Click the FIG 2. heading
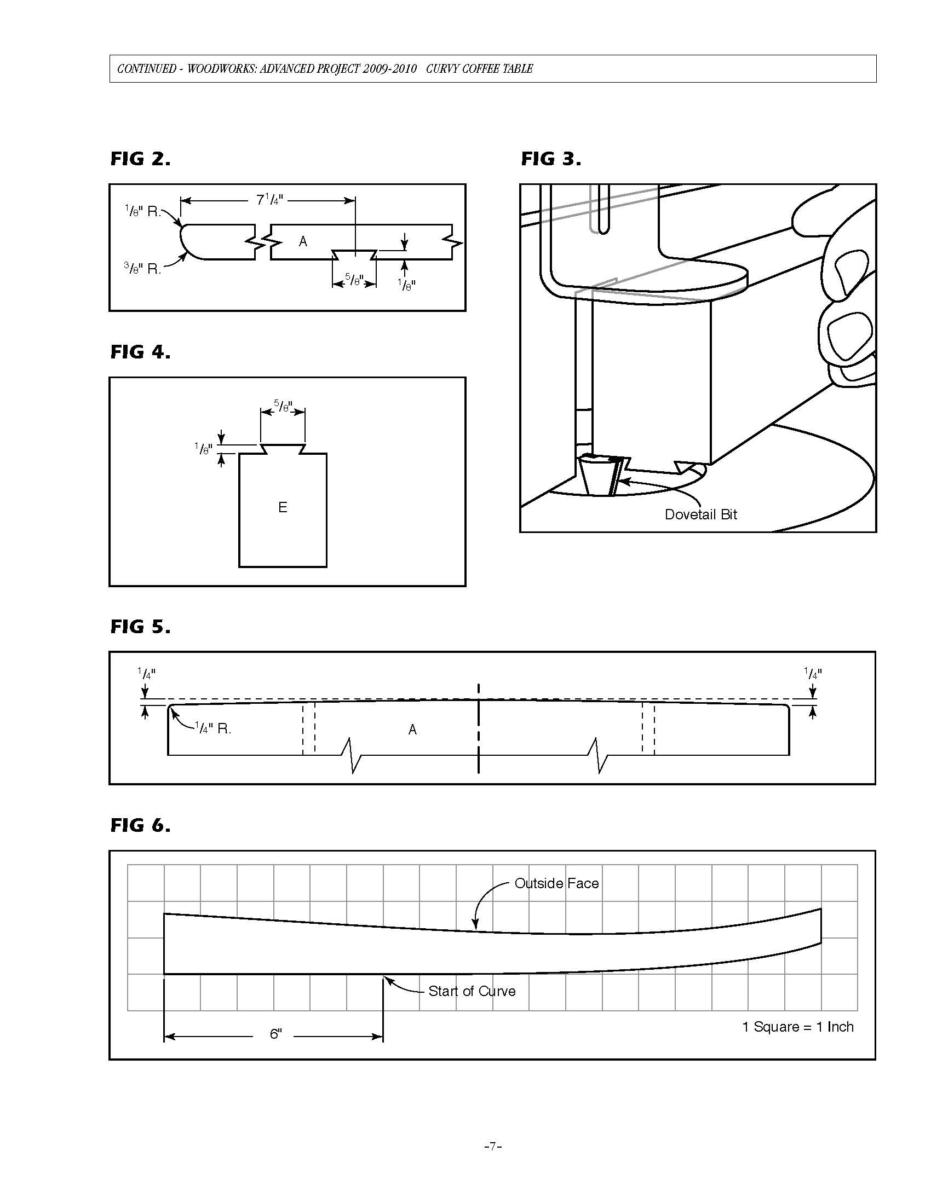pyautogui.click(x=140, y=159)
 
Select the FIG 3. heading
pyautogui.click(x=551, y=159)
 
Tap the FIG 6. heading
pyautogui.click(x=140, y=825)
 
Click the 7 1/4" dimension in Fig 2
pyautogui.click(x=269, y=200)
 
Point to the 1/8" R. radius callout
pyautogui.click(x=142, y=211)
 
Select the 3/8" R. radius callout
pyautogui.click(x=142, y=269)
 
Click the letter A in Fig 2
pyautogui.click(x=303, y=241)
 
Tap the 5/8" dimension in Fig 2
pyautogui.click(x=354, y=280)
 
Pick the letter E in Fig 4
pyautogui.click(x=283, y=507)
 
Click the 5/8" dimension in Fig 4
pyautogui.click(x=283, y=407)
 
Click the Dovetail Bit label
pyautogui.click(x=700, y=514)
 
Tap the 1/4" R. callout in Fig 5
pyautogui.click(x=213, y=728)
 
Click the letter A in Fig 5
pyautogui.click(x=412, y=730)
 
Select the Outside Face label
pyautogui.click(x=556, y=883)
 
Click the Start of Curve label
pyautogui.click(x=472, y=991)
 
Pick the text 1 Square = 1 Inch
pyautogui.click(x=797, y=1027)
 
